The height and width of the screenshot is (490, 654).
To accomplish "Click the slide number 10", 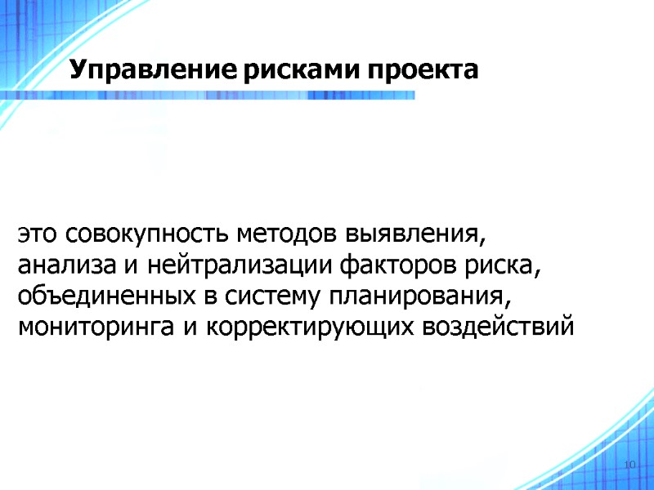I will (629, 465).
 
